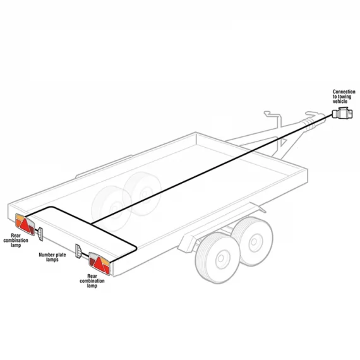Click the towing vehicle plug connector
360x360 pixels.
342,113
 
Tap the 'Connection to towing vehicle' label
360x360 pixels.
344,97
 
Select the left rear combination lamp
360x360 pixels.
25,224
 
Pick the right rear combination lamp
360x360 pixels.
99,263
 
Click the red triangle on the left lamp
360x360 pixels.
25,225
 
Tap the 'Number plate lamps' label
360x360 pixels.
52,257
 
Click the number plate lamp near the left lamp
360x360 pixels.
40,234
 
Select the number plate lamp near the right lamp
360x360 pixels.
78,251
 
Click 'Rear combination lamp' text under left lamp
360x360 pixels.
16,241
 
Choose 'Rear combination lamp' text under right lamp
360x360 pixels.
92,281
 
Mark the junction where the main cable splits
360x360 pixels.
91,224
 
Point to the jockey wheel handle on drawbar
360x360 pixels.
270,114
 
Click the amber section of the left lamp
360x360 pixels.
20,217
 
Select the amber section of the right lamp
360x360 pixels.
105,261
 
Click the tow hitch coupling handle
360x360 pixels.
312,114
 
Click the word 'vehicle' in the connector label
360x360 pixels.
340,101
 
